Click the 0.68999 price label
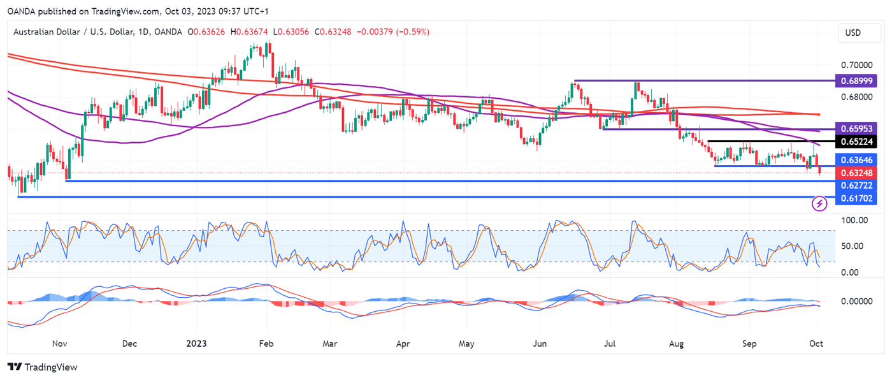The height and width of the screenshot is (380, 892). click(855, 82)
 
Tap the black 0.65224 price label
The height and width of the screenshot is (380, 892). click(855, 141)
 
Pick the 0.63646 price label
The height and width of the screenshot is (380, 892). click(855, 159)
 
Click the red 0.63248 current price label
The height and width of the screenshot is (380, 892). click(855, 172)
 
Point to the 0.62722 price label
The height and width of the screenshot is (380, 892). click(855, 184)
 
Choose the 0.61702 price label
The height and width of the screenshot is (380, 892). click(855, 199)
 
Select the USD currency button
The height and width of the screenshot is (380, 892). click(853, 33)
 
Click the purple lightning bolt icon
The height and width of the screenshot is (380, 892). click(820, 203)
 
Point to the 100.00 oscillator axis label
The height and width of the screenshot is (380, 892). click(854, 221)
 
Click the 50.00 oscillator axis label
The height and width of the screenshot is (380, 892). click(854, 246)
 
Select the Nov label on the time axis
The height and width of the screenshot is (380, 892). click(59, 344)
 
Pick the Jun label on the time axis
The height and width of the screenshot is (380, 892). click(540, 344)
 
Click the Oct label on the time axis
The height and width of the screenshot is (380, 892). click(816, 344)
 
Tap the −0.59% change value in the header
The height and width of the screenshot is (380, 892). click(413, 32)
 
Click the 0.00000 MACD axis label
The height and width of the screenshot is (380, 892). click(854, 301)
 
